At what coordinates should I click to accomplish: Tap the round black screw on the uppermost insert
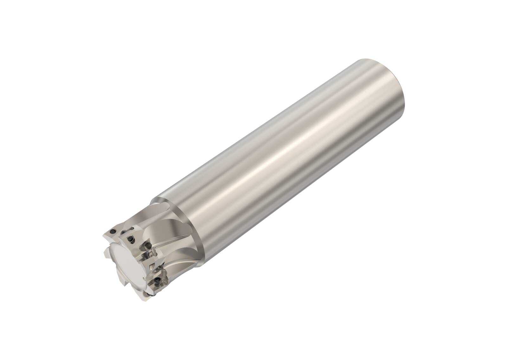[x=113, y=231]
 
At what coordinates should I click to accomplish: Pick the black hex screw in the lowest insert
[x=157, y=280]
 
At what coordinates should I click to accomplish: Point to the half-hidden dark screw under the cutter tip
[x=148, y=294]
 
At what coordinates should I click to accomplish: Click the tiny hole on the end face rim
[x=144, y=278]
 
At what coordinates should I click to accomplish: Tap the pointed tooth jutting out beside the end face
[x=106, y=252]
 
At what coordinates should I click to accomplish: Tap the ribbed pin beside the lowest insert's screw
[x=165, y=272]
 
